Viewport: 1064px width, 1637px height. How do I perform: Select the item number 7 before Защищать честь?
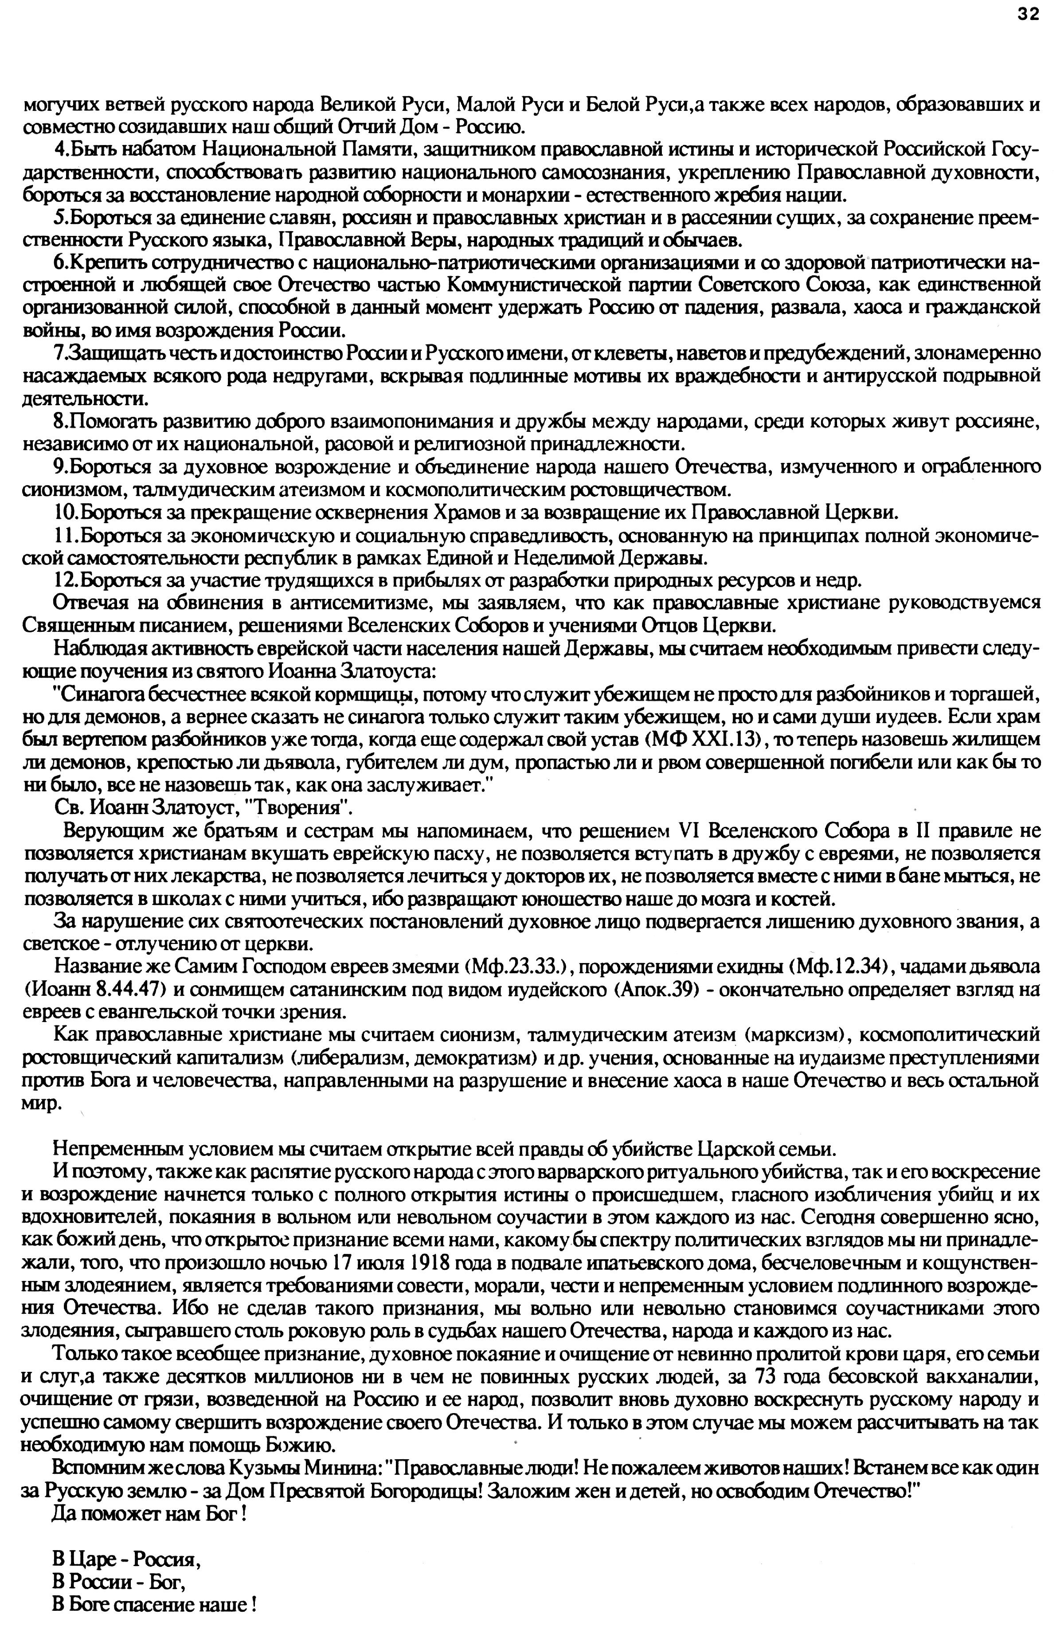(58, 353)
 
